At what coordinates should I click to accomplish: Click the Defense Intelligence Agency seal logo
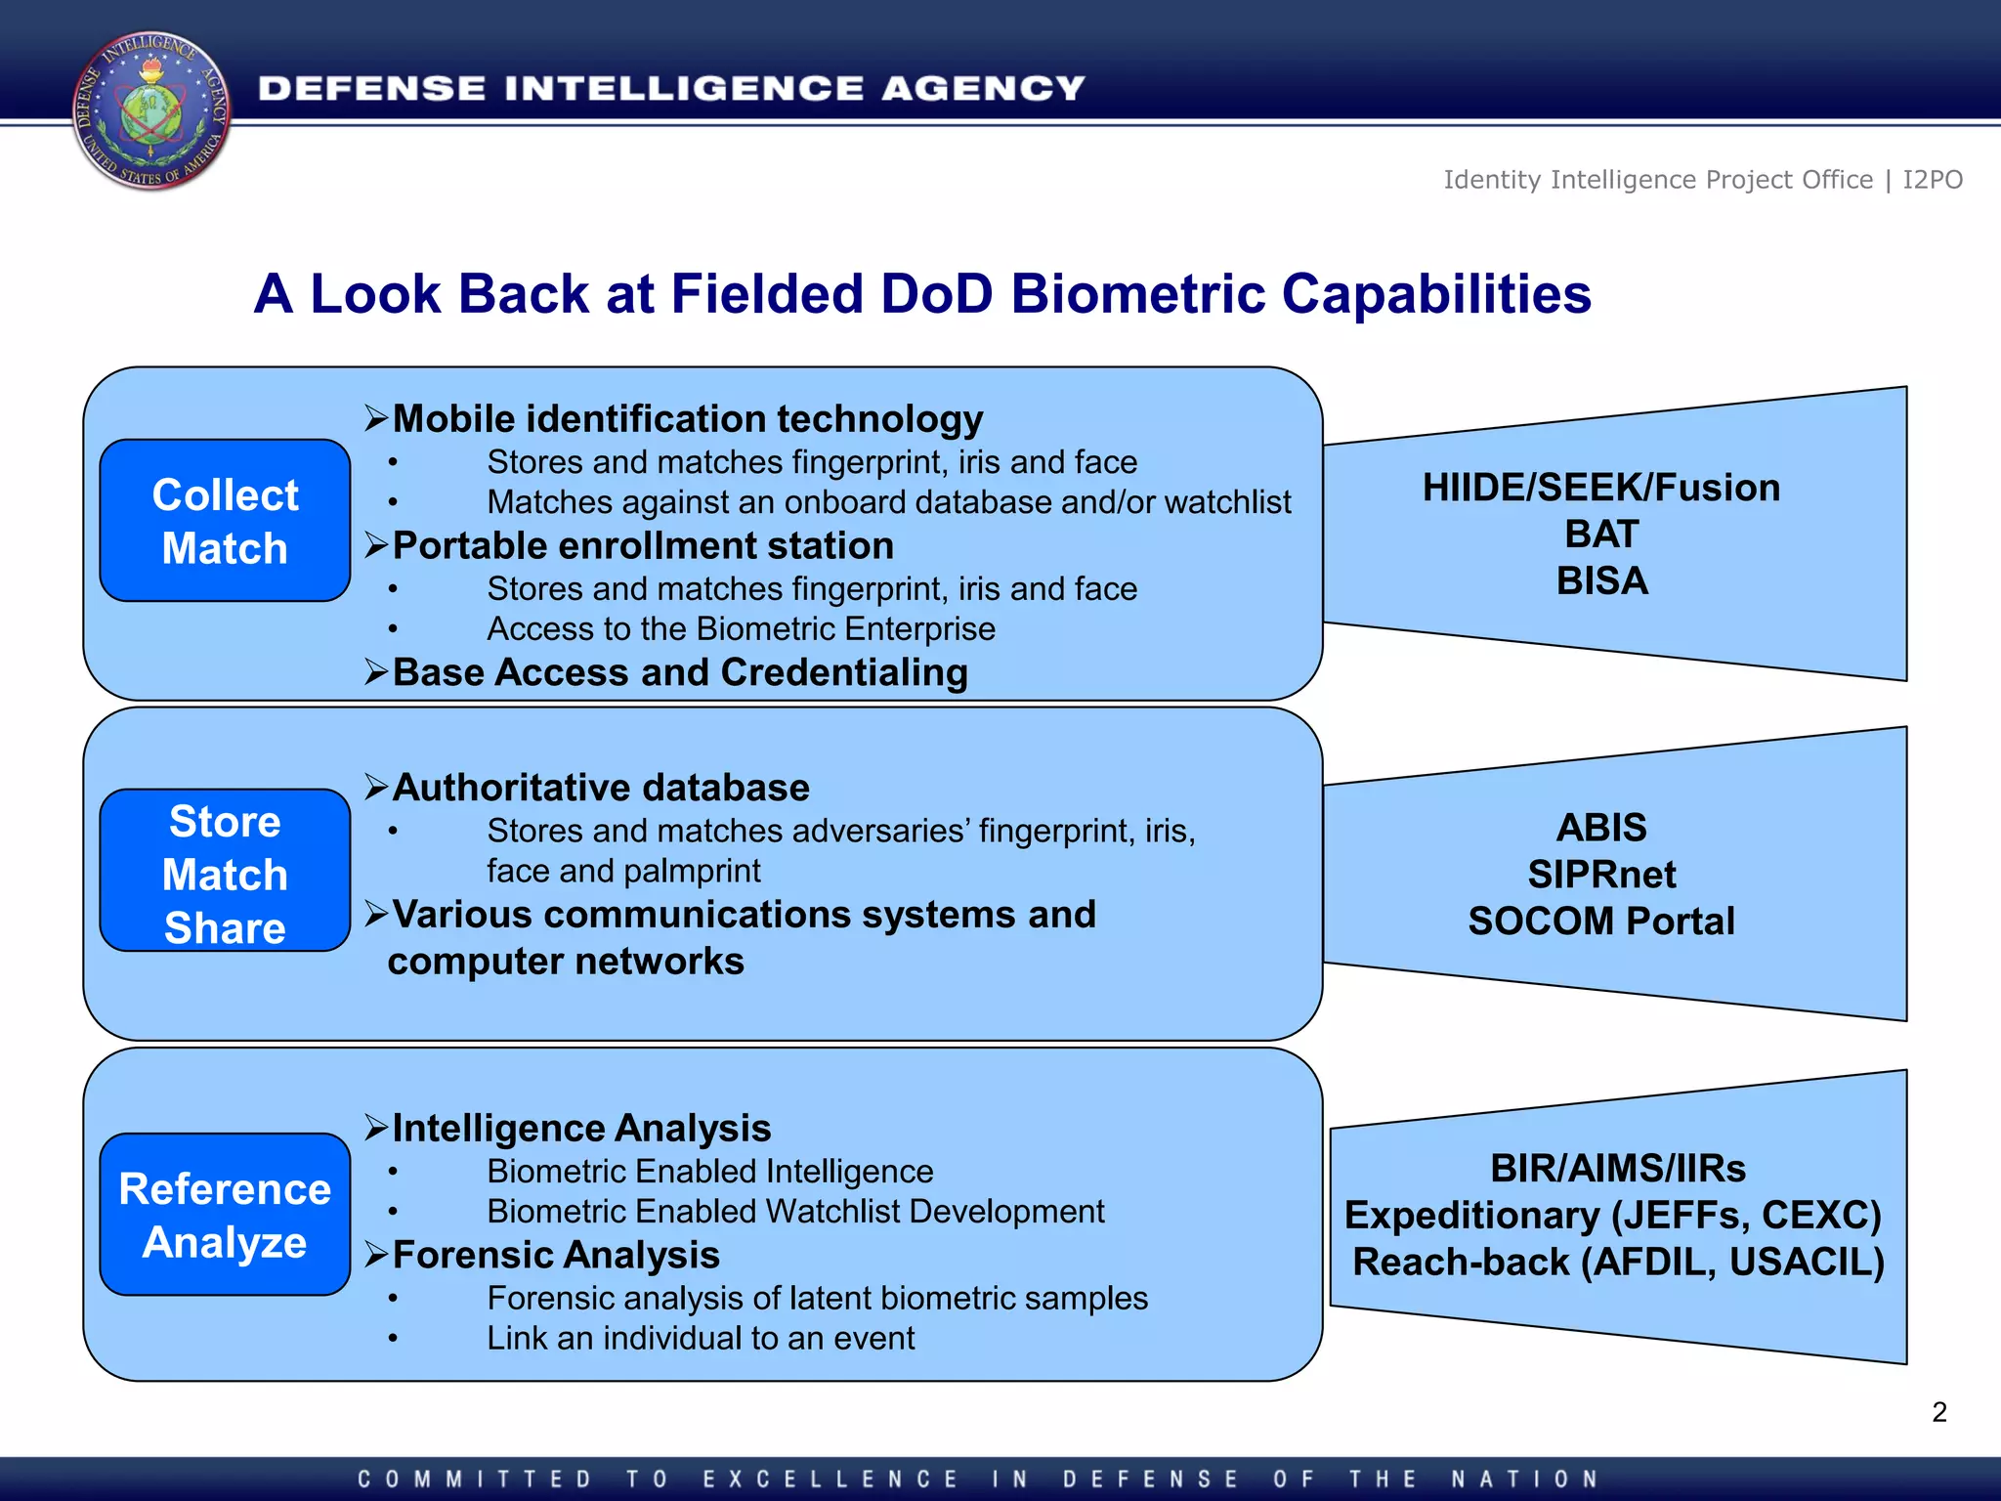tap(151, 109)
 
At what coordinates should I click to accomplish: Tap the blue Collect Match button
tap(225, 521)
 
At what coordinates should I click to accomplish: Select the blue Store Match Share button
tap(225, 871)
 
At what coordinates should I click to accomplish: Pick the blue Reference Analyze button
tap(225, 1215)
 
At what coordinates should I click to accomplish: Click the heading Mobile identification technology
tap(687, 419)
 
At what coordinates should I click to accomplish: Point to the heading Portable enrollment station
tap(642, 546)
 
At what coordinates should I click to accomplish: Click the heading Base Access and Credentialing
tap(679, 673)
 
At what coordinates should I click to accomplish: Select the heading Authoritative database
tap(600, 788)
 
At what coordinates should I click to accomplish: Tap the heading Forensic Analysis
tap(555, 1256)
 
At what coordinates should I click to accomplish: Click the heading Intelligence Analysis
tap(580, 1129)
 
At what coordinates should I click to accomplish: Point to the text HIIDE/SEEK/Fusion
tap(1600, 488)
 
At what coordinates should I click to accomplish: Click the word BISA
tap(1601, 581)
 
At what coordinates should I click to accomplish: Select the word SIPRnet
tap(1601, 875)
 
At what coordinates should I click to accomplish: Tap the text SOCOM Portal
tap(1601, 922)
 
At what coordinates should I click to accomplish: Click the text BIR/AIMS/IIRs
tap(1617, 1169)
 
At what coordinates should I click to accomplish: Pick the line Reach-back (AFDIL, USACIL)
tap(1617, 1263)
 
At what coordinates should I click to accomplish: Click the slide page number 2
tap(1938, 1412)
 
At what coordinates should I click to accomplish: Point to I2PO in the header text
tap(1932, 180)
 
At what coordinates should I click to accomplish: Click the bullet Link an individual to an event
tap(701, 1339)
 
